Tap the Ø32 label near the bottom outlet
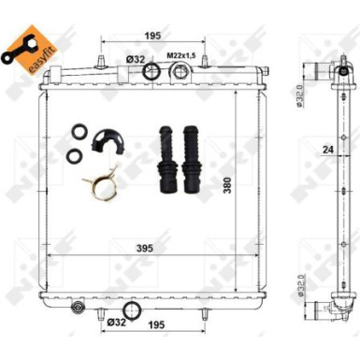[x=116, y=323]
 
